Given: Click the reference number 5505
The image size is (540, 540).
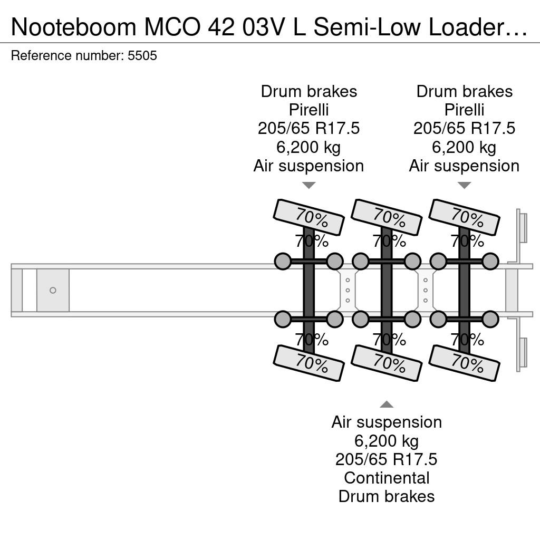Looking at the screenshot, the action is click(x=142, y=55).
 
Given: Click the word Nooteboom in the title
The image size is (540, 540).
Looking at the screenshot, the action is click(x=74, y=27).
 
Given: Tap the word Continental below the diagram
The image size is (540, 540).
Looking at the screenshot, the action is click(x=387, y=478).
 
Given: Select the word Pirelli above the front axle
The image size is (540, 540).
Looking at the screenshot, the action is click(x=308, y=110).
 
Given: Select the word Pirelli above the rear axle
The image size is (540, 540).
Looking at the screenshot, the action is click(x=464, y=110).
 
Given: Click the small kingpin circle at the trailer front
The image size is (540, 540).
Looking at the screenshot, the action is click(x=53, y=291).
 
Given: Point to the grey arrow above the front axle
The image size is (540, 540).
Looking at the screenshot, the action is click(x=308, y=185).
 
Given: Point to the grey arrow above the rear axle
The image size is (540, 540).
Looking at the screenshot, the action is click(x=464, y=185).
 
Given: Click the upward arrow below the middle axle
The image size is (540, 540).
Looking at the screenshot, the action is click(x=387, y=404).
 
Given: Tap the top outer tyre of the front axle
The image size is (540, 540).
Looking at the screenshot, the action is click(x=308, y=217).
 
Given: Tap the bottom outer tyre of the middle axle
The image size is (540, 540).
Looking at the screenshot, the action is click(x=387, y=363).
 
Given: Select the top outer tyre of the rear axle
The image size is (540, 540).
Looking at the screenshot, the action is click(x=464, y=217).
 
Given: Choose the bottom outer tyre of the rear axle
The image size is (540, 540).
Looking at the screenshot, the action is click(x=464, y=363).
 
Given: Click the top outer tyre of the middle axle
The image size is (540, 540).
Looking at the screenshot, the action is click(x=387, y=217).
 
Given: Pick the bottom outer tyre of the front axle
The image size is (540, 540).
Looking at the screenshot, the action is click(x=308, y=363).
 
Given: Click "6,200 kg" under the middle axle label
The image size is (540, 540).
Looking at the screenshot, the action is click(x=387, y=441).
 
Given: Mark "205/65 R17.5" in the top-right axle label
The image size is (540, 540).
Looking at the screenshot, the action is click(x=464, y=129).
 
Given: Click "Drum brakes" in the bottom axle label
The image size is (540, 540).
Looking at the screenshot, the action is click(x=387, y=496).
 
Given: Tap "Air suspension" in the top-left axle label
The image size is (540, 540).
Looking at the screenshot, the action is click(x=308, y=166).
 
